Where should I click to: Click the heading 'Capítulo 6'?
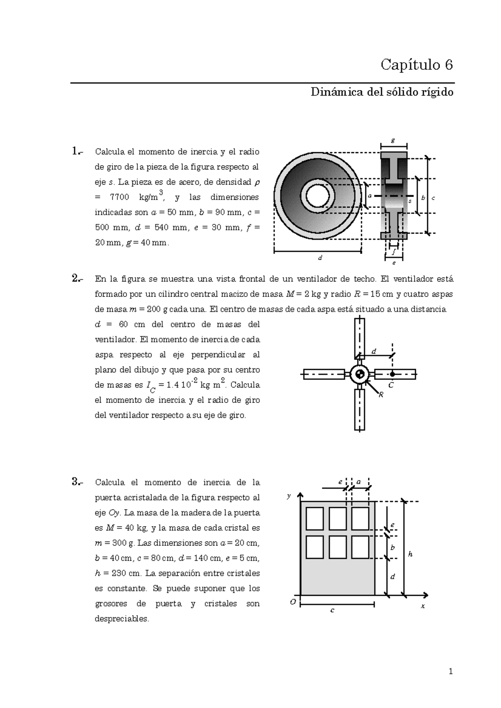point(416,65)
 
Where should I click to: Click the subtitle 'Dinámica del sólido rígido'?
point(382,92)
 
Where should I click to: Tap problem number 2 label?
point(77,278)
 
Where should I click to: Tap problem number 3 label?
point(77,482)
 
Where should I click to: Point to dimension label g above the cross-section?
point(393,141)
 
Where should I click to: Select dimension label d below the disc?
point(320,258)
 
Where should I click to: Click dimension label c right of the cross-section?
point(433,198)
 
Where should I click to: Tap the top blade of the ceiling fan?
point(359,338)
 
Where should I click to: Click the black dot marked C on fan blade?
point(392,374)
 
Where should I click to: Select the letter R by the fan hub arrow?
point(380,395)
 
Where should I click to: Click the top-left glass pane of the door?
point(315,518)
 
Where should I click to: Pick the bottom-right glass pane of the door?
point(360,547)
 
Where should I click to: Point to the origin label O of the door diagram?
point(293,602)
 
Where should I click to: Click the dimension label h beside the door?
point(410,554)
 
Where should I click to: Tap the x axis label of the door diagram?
point(423,606)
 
